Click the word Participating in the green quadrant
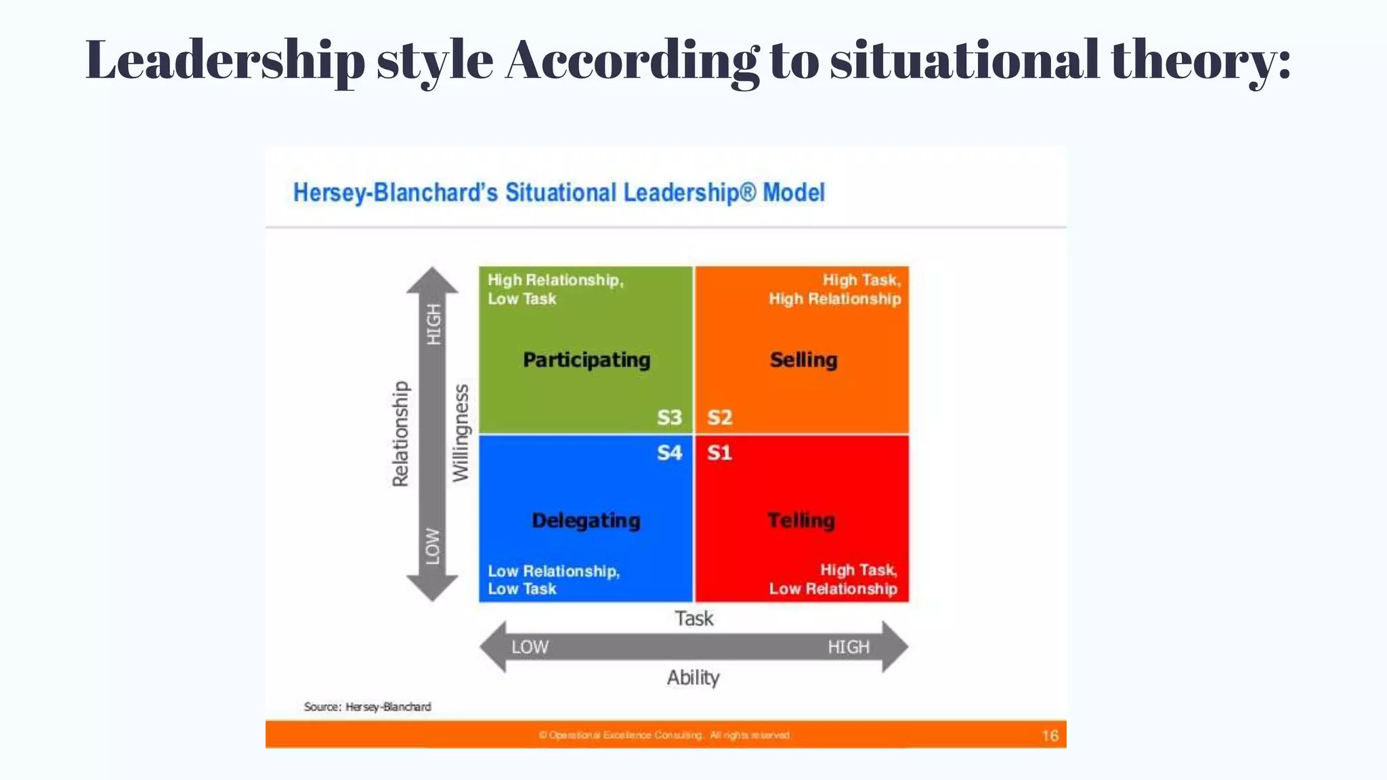point(586,360)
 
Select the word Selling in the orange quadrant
point(803,360)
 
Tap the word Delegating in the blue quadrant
point(586,520)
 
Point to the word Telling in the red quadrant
point(801,520)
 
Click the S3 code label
point(669,417)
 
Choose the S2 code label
point(719,417)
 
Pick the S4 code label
point(669,452)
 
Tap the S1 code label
point(719,452)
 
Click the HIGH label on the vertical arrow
point(433,324)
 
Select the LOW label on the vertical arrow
point(433,546)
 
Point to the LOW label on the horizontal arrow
point(530,647)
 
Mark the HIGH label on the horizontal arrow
point(848,647)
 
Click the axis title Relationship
point(401,433)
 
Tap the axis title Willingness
point(461,433)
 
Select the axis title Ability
point(693,677)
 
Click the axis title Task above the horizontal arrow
point(693,618)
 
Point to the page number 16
point(1050,735)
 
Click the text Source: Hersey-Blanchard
point(367,707)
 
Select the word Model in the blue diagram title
point(794,193)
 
